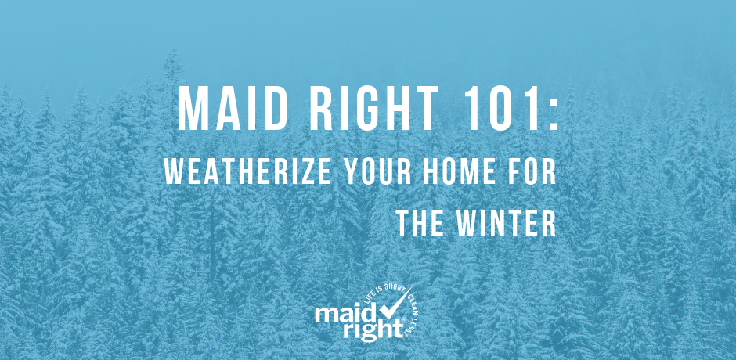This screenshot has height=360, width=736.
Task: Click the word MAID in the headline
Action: point(233,109)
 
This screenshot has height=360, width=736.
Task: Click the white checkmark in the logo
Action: point(393,305)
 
